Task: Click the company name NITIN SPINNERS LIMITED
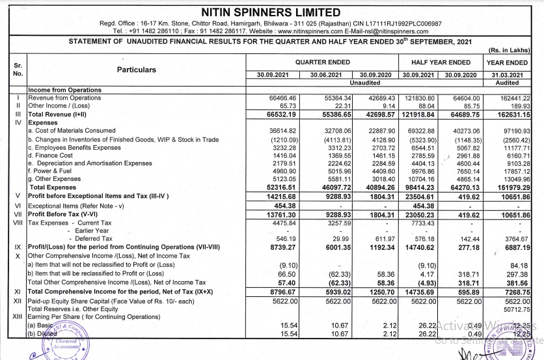271,12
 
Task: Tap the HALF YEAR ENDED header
440,62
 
